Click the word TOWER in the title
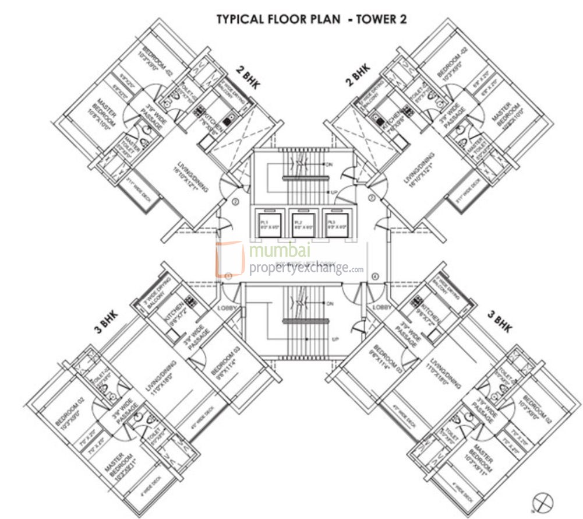pyautogui.click(x=376, y=19)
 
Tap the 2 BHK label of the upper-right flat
pyautogui.click(x=357, y=76)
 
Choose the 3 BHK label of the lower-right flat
pyautogui.click(x=499, y=321)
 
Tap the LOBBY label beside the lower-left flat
pyautogui.click(x=226, y=307)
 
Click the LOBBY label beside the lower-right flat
pyautogui.click(x=381, y=307)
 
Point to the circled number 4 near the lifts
pyautogui.click(x=375, y=276)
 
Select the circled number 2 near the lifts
pyautogui.click(x=235, y=202)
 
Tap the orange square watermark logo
pyautogui.click(x=229, y=259)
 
